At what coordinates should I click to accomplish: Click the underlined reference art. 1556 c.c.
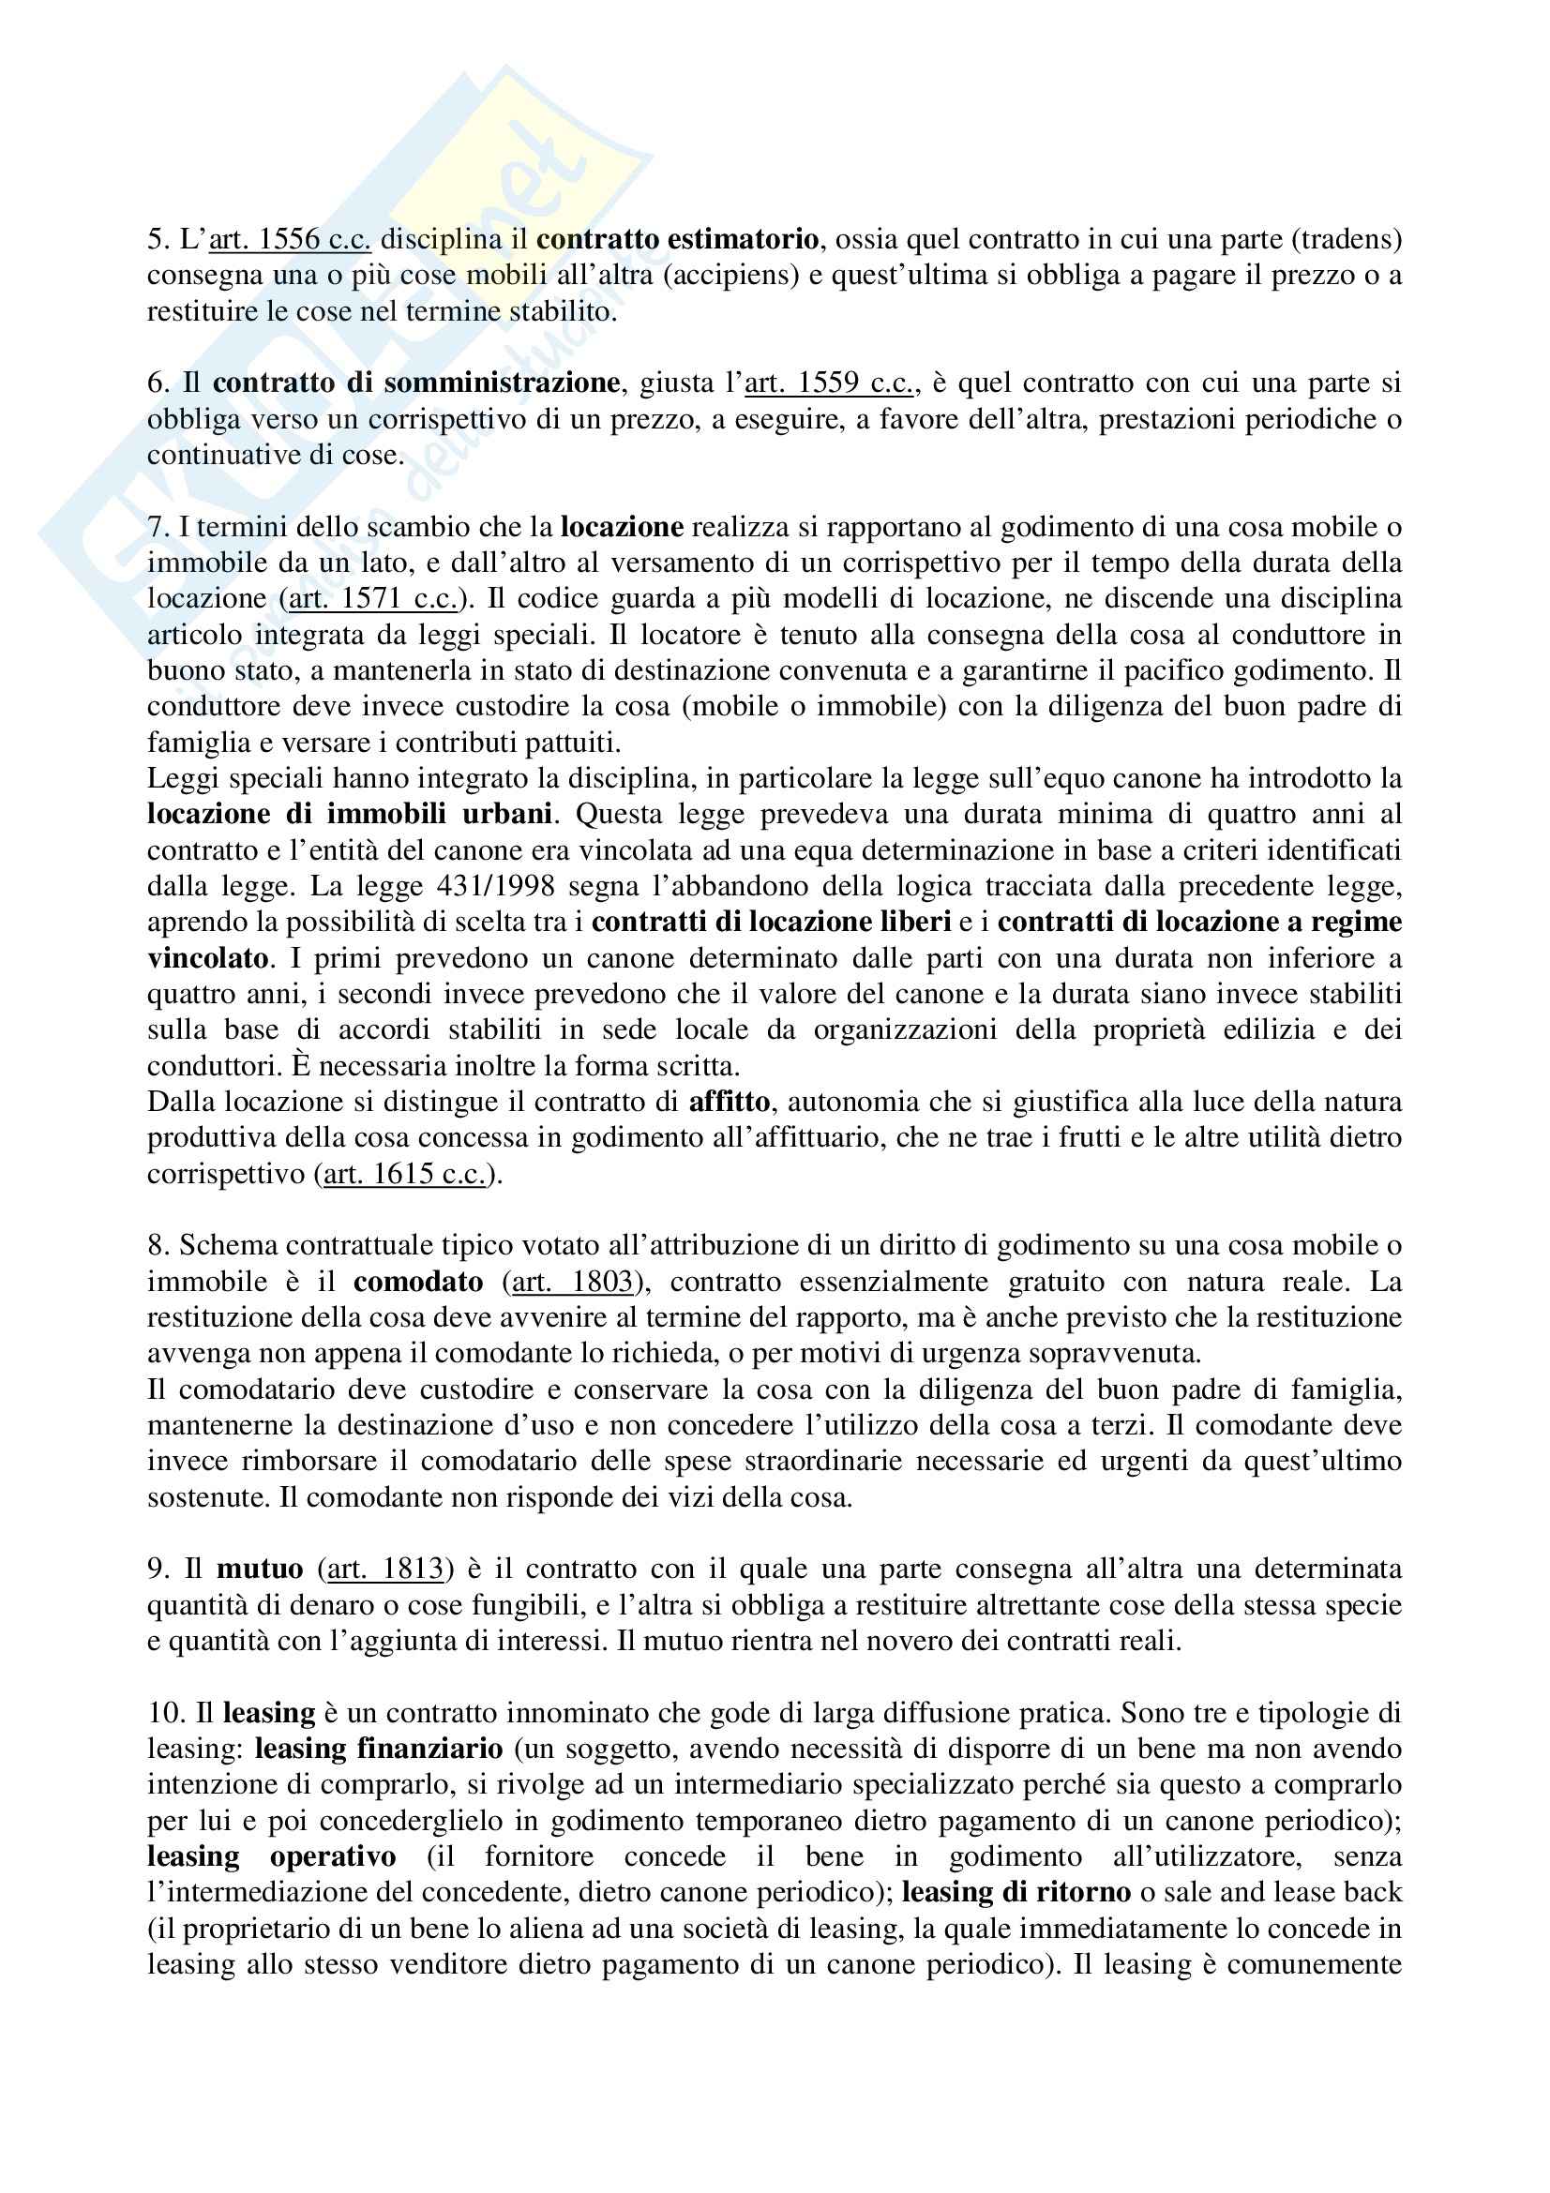290,239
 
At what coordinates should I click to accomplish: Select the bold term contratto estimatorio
677,239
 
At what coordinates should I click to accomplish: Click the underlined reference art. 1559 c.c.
829,383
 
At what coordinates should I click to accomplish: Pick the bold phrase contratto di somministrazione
416,383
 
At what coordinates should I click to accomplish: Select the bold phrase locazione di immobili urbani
350,814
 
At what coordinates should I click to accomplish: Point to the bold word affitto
730,1103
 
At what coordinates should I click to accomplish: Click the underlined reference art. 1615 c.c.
405,1174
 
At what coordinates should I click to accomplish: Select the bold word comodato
418,1282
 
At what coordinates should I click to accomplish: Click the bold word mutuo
260,1570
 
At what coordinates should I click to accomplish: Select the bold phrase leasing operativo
271,1856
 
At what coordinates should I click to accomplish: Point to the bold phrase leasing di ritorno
1016,1893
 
